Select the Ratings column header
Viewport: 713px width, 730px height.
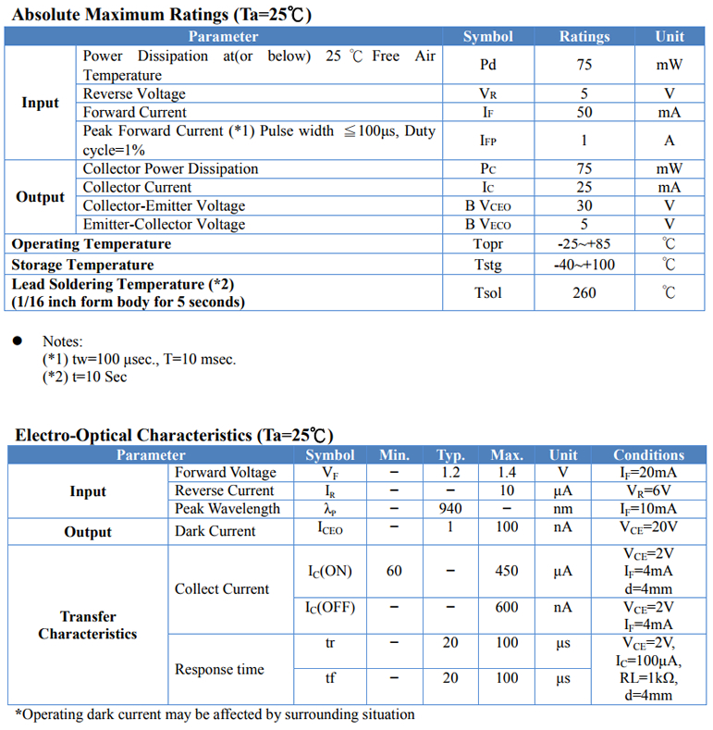tap(584, 36)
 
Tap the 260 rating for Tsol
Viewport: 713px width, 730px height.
tap(584, 293)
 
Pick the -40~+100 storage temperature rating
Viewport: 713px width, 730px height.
tap(584, 265)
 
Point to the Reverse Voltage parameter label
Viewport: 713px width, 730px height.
tap(134, 93)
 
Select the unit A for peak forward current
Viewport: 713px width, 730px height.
tap(670, 141)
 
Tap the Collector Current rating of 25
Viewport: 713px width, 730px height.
tap(584, 187)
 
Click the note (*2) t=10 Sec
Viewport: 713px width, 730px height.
tap(85, 377)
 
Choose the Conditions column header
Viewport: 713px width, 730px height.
tap(648, 454)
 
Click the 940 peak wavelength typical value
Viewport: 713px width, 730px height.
tap(450, 509)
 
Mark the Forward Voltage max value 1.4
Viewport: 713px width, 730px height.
tap(507, 473)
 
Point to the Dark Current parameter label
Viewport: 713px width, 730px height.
tap(215, 531)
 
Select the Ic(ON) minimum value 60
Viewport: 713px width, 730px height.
tap(394, 571)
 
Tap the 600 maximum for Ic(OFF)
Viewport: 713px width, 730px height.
tap(507, 608)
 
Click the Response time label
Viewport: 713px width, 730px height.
tap(219, 669)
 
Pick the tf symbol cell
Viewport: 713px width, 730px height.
tap(330, 678)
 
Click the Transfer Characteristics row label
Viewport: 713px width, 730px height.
tap(87, 625)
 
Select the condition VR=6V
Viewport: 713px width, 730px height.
tap(648, 490)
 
